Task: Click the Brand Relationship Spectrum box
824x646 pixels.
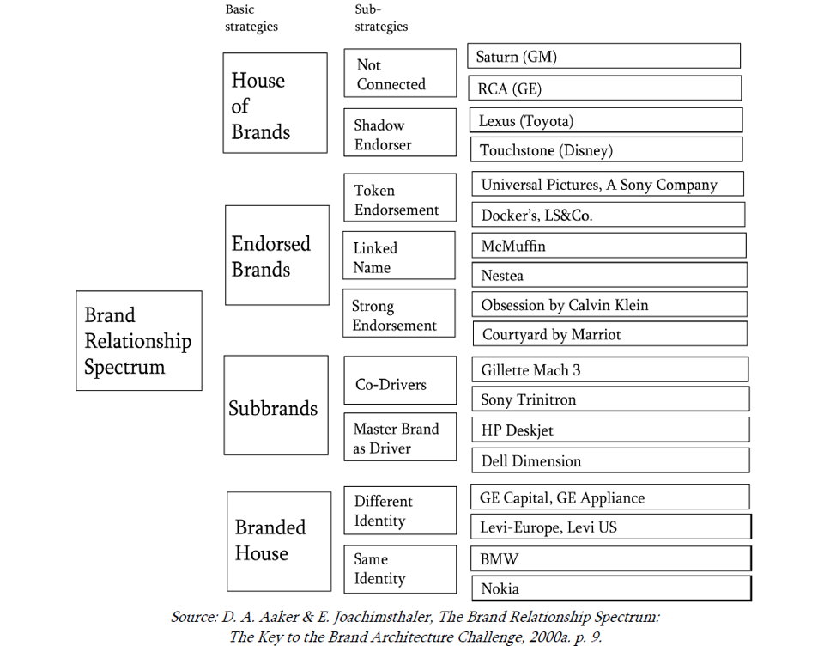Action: click(x=138, y=341)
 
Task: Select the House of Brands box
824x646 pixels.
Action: click(x=275, y=103)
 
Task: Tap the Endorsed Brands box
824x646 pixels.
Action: click(x=276, y=255)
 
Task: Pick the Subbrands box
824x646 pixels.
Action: click(x=276, y=405)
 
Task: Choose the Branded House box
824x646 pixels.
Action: click(x=278, y=541)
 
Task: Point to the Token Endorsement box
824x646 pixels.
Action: click(x=399, y=198)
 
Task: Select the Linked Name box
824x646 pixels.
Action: click(x=398, y=255)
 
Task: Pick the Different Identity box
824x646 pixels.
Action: click(x=400, y=510)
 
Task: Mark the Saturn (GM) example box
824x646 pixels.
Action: click(x=604, y=57)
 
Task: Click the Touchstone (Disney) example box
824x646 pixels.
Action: click(x=606, y=150)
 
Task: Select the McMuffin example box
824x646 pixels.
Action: click(x=609, y=246)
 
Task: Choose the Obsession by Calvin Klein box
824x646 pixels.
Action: click(x=609, y=304)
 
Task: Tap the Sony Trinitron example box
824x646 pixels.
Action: click(x=609, y=399)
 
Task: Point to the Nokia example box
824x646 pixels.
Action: click(x=610, y=588)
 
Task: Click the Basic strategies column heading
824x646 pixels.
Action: click(x=251, y=17)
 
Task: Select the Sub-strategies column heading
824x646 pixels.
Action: click(x=381, y=17)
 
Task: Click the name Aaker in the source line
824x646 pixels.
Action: click(x=276, y=618)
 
